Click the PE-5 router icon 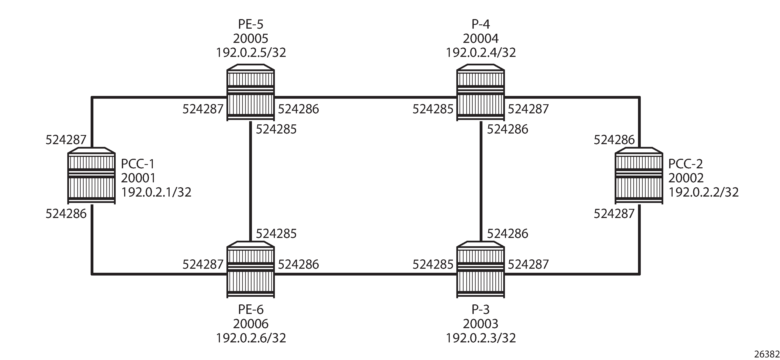[251, 92]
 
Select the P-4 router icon [481, 92]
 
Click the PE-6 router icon [251, 270]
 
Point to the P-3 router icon [481, 270]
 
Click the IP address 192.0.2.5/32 [251, 53]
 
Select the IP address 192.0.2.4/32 [481, 53]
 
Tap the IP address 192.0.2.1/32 [156, 192]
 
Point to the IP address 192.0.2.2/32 [704, 192]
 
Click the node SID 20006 [251, 324]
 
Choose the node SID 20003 [481, 324]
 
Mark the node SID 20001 [138, 178]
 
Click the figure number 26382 [766, 354]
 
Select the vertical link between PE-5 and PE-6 [251, 181]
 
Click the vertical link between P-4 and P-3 [481, 181]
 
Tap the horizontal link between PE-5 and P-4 [366, 97]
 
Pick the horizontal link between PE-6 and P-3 [366, 274]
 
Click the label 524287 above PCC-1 [66, 140]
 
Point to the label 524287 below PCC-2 [614, 214]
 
